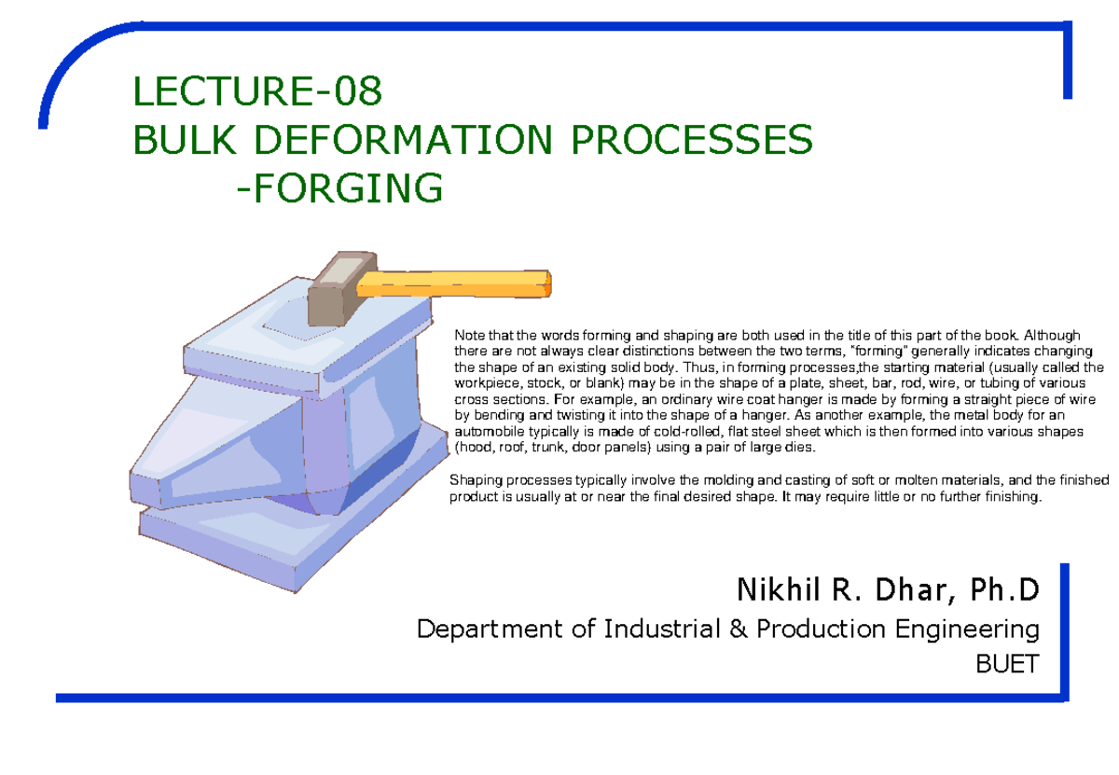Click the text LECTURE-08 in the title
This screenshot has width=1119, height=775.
(257, 91)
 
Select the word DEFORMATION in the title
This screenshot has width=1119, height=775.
(403, 139)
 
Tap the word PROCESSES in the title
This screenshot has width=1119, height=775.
(692, 139)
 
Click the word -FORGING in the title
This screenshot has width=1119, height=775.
(339, 187)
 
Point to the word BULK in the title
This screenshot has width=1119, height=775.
(185, 139)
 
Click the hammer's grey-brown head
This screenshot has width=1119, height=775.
(341, 288)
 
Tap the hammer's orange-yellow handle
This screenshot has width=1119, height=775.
(453, 284)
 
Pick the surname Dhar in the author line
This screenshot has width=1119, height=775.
(915, 590)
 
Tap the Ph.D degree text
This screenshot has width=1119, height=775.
(1005, 589)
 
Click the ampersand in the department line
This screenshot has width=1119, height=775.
(739, 630)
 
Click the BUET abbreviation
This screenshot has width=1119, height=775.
(1008, 664)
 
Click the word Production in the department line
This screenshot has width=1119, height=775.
(821, 630)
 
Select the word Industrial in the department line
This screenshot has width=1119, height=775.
(662, 630)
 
